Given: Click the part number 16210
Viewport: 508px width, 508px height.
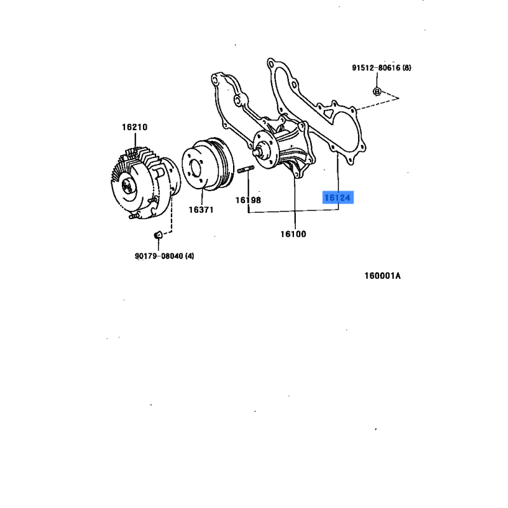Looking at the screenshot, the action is coord(135,127).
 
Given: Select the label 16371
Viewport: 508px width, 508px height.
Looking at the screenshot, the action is coord(201,210).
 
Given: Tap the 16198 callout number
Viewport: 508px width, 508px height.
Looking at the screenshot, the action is coord(248,200).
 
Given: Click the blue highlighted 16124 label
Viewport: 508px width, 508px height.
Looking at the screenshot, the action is coord(338,197).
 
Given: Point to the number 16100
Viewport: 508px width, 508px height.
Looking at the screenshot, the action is coord(293,234).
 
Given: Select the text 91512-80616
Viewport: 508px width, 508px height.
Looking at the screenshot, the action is coord(376,68).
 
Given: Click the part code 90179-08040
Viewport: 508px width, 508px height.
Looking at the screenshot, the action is coord(159,256).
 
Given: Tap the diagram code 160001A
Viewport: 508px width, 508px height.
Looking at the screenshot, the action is coord(383,276).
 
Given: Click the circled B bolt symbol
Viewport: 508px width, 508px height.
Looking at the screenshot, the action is coord(377,91).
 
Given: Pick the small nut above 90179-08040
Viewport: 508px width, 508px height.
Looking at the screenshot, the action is coord(157,234).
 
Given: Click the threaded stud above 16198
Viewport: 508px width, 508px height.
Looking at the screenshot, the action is coord(246,169).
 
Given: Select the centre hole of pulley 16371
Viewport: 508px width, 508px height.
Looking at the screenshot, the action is coord(196,169).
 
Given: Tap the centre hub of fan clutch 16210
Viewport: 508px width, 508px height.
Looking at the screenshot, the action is coord(126,186).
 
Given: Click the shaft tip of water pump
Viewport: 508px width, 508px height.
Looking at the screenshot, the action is coord(257,152).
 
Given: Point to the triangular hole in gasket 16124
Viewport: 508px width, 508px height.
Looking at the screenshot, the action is coord(328,113).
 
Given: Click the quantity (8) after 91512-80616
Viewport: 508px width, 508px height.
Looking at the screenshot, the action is coord(406,68).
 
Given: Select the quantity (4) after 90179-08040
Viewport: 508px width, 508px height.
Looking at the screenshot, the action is coord(189,256).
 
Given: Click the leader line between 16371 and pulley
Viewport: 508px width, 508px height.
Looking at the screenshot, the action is coord(202,197).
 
